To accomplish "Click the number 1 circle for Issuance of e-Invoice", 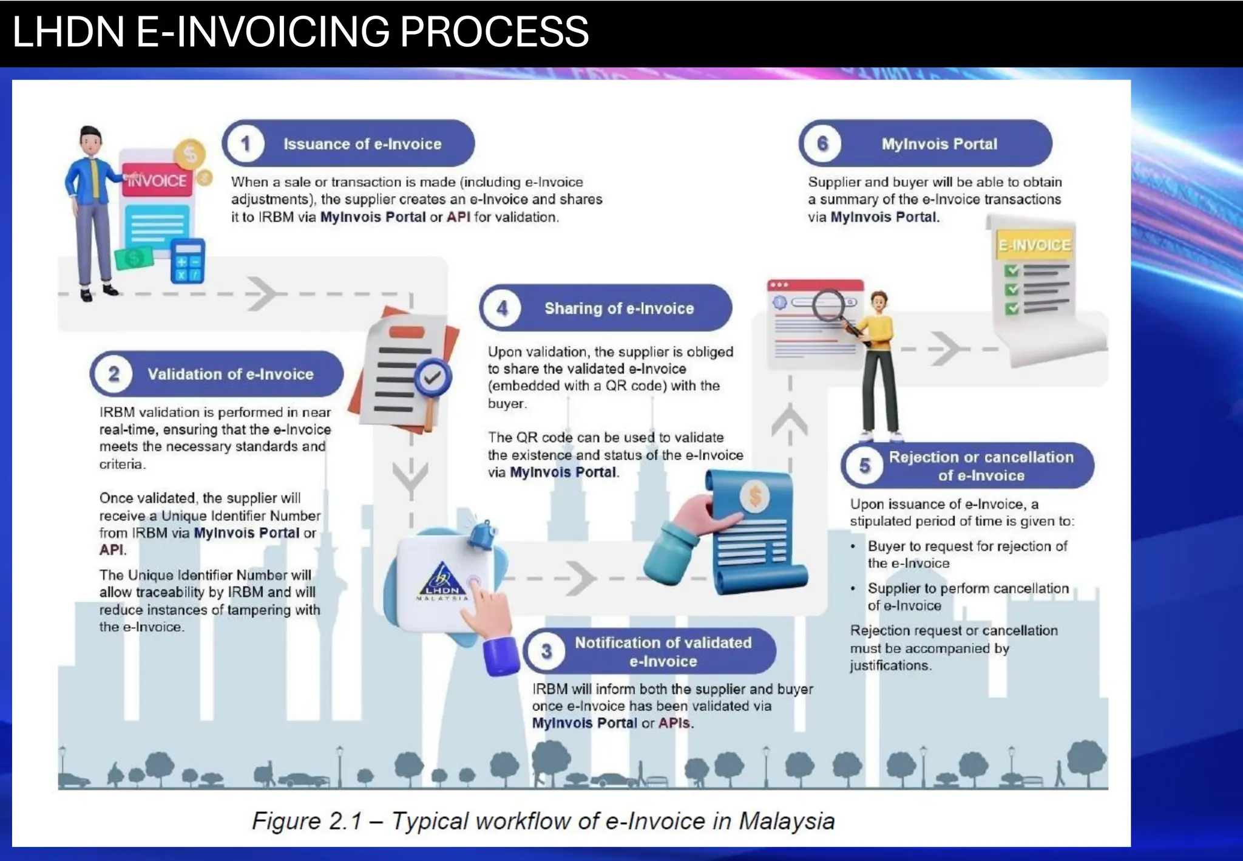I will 245,144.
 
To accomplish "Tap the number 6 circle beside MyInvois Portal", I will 822,144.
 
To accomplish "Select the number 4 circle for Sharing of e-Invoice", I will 503,308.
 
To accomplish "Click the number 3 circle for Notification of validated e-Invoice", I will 546,652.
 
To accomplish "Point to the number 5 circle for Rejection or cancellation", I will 864,466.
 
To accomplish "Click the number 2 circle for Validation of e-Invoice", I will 113,374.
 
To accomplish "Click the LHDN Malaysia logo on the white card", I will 442,580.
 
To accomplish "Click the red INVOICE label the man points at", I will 157,180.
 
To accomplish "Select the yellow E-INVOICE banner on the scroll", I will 1034,245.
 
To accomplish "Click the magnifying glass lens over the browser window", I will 828,305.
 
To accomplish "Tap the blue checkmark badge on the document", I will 433,378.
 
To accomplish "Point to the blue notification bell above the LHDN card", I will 483,534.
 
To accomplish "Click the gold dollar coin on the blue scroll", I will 755,496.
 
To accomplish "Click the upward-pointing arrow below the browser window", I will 790,419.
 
